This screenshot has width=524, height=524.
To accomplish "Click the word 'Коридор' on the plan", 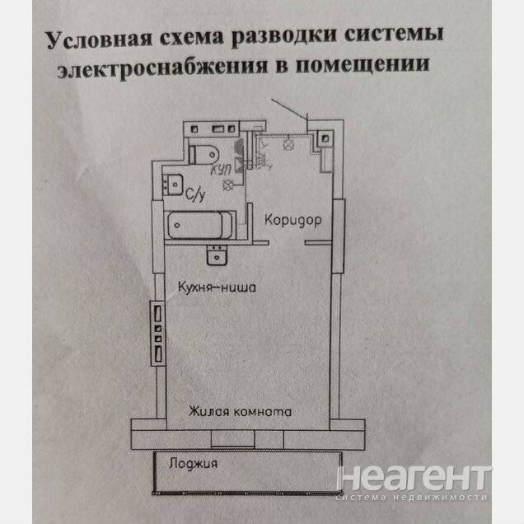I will click(292, 220).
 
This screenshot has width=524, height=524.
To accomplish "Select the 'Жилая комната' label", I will click(240, 410).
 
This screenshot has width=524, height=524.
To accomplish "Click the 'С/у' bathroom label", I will click(194, 195).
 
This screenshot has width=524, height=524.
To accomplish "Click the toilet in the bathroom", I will click(203, 153).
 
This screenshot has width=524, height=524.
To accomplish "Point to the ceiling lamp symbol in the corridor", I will click(288, 143).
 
